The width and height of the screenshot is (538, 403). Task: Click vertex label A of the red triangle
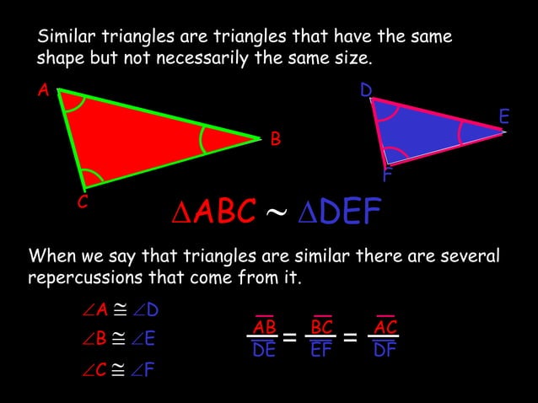pos(41,90)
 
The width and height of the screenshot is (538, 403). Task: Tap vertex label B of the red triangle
pos(275,139)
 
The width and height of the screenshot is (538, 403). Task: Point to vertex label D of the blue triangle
pos(366,89)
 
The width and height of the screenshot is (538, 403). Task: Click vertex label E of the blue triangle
pos(503,117)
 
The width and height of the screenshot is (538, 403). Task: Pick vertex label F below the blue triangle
pos(386,177)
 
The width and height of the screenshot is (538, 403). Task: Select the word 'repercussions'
pos(85,277)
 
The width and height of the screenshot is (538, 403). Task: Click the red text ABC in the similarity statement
pos(223,213)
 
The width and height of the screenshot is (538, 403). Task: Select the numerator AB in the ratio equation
pos(264,327)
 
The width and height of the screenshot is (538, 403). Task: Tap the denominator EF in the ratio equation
pos(320,350)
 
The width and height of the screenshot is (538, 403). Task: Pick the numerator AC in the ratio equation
pos(385,327)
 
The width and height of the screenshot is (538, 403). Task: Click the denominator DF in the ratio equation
pos(385,350)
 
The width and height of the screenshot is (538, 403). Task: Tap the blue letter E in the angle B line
pos(150,339)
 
